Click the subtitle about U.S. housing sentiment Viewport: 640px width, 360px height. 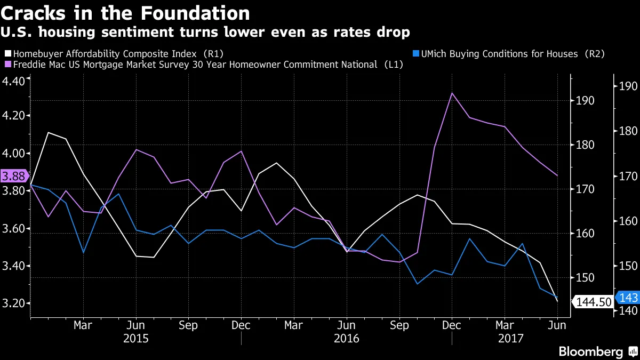coord(205,33)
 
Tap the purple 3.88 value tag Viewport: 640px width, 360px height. coord(13,175)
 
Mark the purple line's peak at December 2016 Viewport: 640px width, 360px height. coord(452,93)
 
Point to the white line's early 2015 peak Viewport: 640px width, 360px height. coord(49,132)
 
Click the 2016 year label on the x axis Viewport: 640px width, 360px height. coord(347,338)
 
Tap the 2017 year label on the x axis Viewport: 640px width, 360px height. coord(510,338)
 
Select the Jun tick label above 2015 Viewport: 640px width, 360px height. coord(135,325)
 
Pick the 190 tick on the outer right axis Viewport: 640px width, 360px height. coord(623,86)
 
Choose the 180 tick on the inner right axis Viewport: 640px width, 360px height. coord(584,145)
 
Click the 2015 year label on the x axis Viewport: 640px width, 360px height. coord(135,338)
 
